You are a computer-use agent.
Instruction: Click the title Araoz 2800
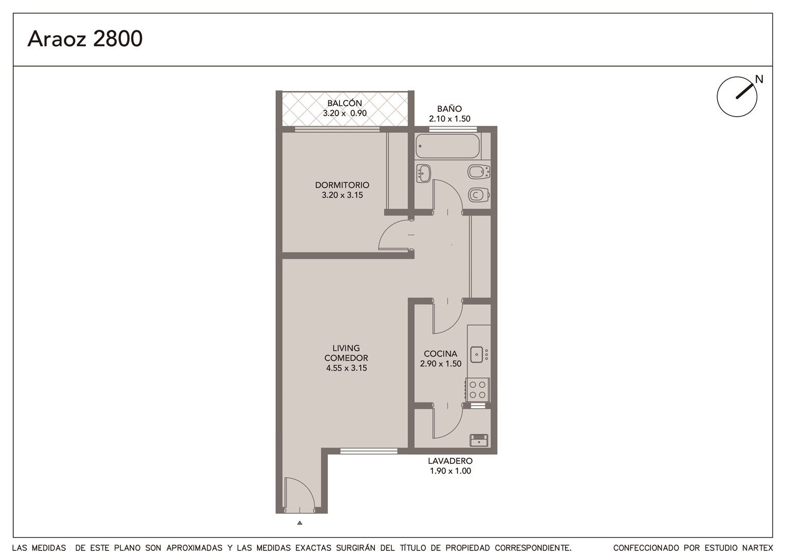(85, 39)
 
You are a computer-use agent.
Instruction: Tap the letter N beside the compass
(759, 79)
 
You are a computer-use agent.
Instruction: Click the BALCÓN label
(345, 103)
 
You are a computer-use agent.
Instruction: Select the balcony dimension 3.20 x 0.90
(345, 113)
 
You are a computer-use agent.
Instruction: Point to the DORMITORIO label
(342, 185)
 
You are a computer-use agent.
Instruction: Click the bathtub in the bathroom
(448, 146)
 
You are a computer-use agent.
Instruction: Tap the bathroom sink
(423, 173)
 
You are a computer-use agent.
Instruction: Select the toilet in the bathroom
(478, 195)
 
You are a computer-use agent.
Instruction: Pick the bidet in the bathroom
(478, 172)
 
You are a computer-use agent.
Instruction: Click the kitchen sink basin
(476, 354)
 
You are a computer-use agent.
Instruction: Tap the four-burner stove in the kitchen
(477, 390)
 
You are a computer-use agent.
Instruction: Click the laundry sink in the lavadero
(479, 440)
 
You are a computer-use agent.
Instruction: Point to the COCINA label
(440, 354)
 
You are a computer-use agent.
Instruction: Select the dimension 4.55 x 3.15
(346, 368)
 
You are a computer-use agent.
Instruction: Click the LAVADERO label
(450, 461)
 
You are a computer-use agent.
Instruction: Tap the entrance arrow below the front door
(300, 523)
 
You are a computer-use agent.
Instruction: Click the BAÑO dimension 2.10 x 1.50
(450, 119)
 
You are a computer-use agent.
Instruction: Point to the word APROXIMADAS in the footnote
(194, 548)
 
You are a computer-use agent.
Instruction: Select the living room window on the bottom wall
(369, 451)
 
